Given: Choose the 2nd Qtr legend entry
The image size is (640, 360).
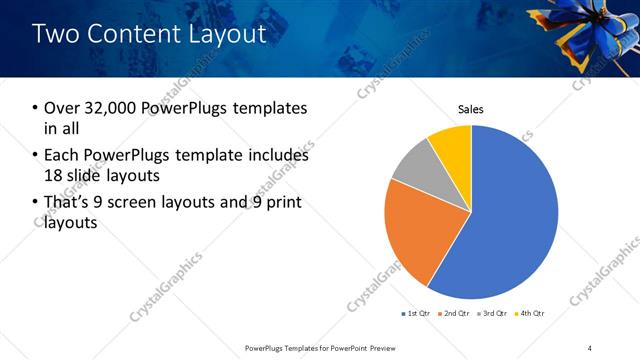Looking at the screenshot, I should tap(455, 314).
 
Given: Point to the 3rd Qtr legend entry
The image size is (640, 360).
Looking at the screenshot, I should tap(493, 314).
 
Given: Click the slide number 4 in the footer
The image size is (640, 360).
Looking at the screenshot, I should tap(590, 347).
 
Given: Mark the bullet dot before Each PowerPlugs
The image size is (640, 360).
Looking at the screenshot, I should tap(35, 156).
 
